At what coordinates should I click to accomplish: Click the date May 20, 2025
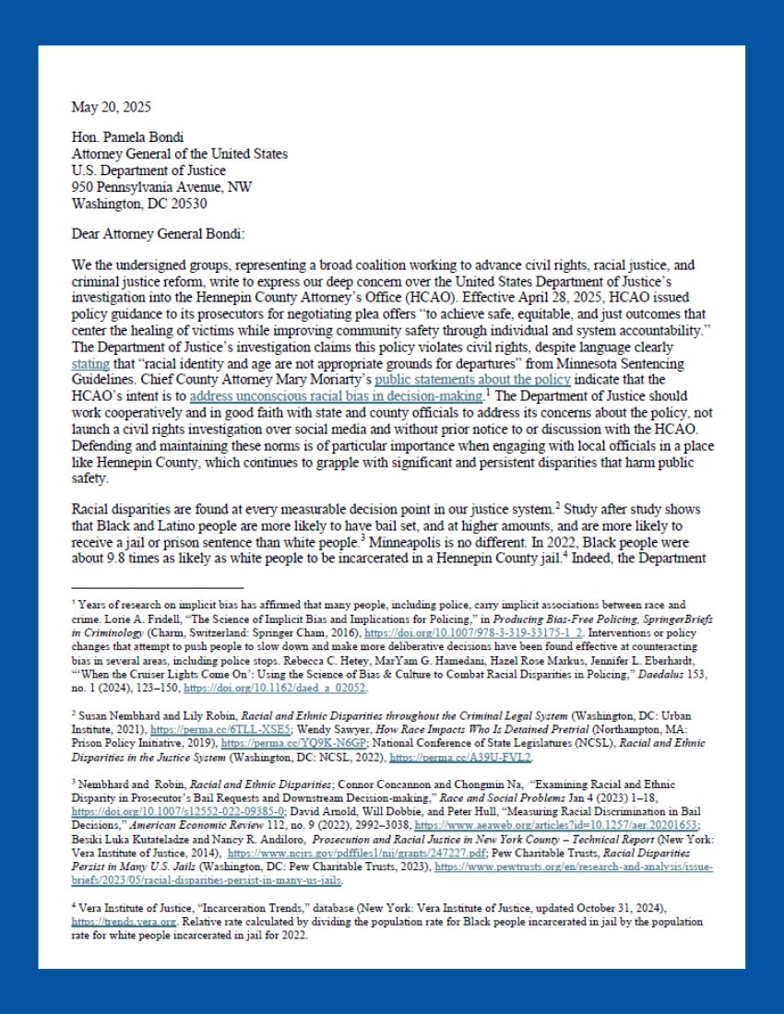click(111, 108)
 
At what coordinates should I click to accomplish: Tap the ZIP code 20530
click(185, 203)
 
